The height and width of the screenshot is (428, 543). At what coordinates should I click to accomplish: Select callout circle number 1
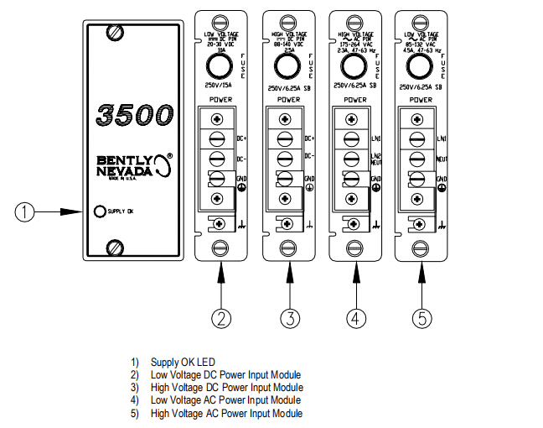click(x=28, y=212)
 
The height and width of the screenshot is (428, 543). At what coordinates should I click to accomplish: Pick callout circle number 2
click(x=221, y=319)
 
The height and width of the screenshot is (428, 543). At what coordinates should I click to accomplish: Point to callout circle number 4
click(x=355, y=319)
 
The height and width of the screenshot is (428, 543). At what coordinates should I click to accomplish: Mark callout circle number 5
click(x=422, y=319)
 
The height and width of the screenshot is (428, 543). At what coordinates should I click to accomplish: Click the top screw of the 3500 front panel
click(x=115, y=33)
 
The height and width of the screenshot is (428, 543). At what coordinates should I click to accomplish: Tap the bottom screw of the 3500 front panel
click(x=115, y=247)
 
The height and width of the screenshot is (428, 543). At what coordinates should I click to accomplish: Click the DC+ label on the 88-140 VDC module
click(x=309, y=138)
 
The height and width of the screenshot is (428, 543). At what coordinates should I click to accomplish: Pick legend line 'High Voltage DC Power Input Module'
click(x=226, y=388)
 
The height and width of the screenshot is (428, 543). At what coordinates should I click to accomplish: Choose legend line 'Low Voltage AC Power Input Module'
click(x=225, y=400)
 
